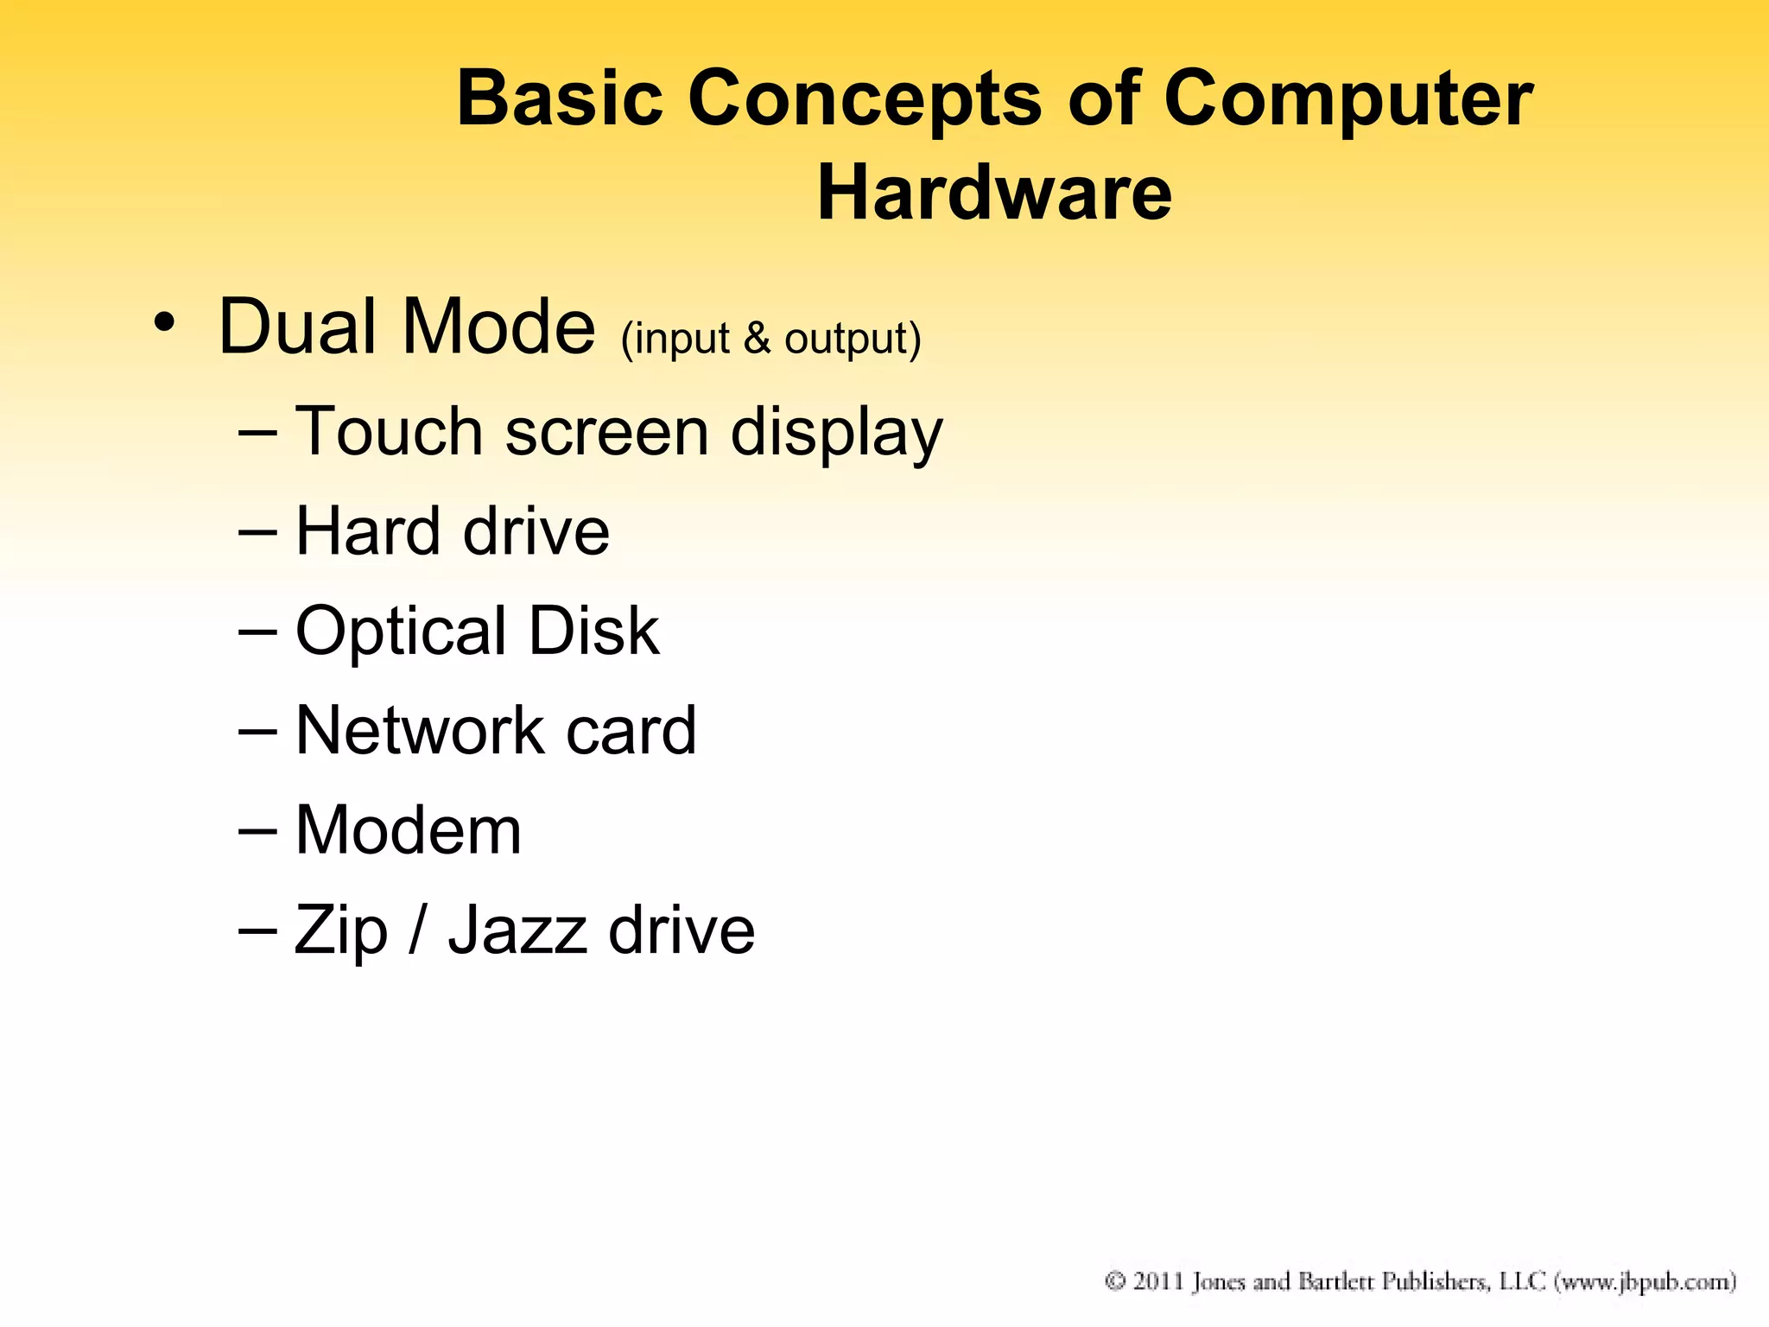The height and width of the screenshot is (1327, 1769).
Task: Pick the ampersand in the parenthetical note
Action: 757,338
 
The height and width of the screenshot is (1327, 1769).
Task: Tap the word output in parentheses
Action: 852,340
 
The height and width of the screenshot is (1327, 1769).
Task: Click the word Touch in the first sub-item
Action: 389,431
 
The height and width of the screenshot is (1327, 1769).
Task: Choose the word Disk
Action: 593,631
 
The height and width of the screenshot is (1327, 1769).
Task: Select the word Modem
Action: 409,830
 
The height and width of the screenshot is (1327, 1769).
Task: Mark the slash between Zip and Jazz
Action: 417,930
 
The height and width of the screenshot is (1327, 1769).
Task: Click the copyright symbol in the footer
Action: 1115,1280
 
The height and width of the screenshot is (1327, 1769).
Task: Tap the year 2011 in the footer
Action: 1157,1280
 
